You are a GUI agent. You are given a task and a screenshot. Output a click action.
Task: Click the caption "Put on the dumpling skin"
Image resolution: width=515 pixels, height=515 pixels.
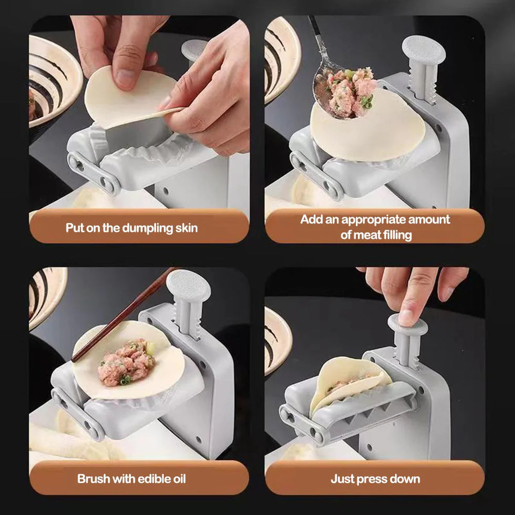(x=131, y=228)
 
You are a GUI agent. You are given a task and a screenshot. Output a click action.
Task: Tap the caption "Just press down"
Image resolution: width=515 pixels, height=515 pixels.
(x=375, y=479)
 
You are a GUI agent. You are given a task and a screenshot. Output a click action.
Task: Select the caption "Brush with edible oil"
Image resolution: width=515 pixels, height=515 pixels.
(x=131, y=479)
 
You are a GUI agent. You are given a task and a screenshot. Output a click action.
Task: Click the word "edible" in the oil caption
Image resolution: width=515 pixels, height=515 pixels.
(x=153, y=479)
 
